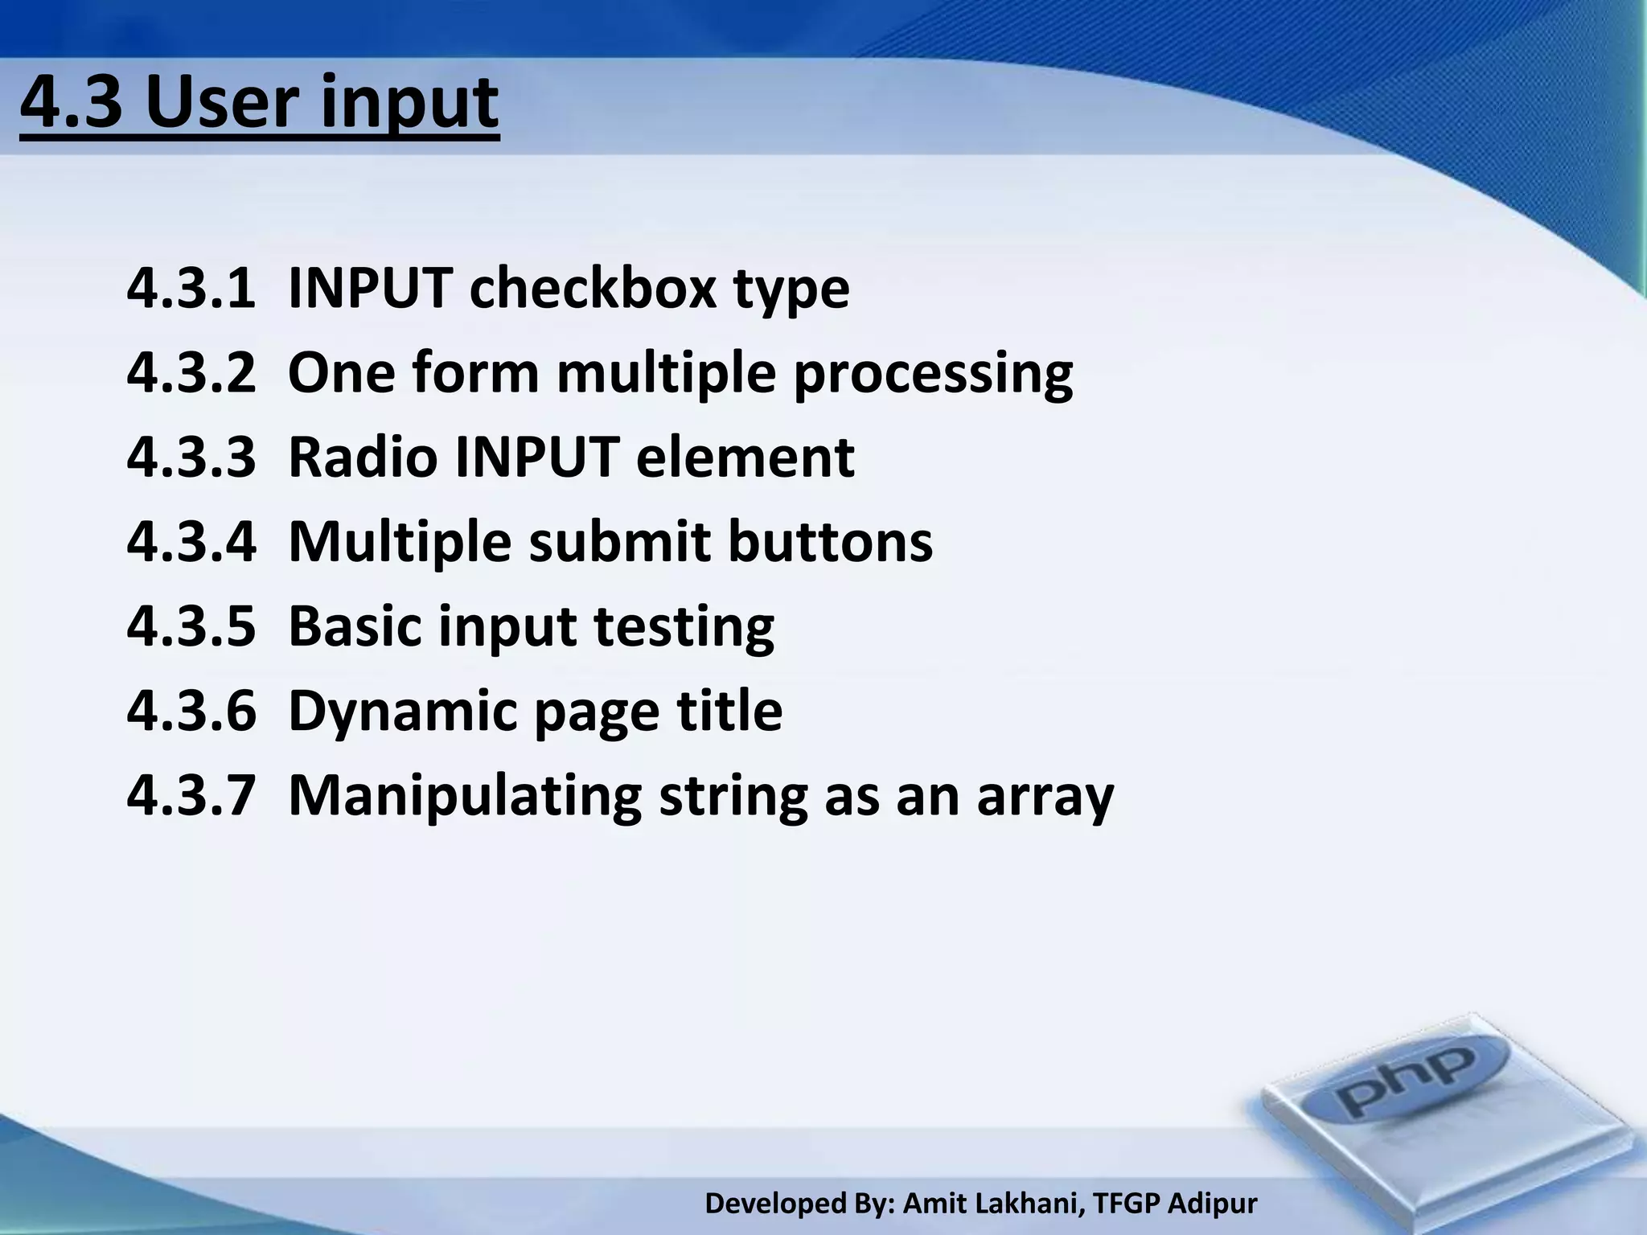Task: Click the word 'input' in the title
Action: pos(409,103)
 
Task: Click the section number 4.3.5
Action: pos(191,626)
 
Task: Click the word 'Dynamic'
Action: pos(402,711)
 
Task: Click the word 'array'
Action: pos(1045,798)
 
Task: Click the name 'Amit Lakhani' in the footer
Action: pos(994,1204)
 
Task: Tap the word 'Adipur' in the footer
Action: pos(1212,1204)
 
